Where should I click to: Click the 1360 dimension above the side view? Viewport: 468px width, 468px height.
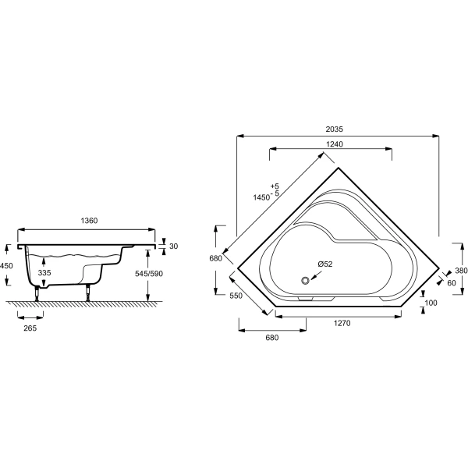click(x=89, y=222)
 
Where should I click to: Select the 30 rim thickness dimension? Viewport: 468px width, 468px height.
click(x=174, y=246)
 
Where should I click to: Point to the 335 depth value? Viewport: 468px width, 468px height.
click(x=45, y=273)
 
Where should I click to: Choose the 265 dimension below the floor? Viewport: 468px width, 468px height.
click(x=30, y=328)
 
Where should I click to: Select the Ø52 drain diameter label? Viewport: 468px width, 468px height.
click(x=324, y=264)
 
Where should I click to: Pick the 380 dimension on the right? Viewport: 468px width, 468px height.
click(x=461, y=271)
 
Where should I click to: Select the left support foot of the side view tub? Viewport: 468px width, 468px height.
click(x=36, y=294)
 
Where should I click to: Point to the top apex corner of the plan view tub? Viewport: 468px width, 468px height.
click(x=336, y=167)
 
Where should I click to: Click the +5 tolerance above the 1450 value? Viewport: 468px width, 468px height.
click(x=274, y=185)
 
